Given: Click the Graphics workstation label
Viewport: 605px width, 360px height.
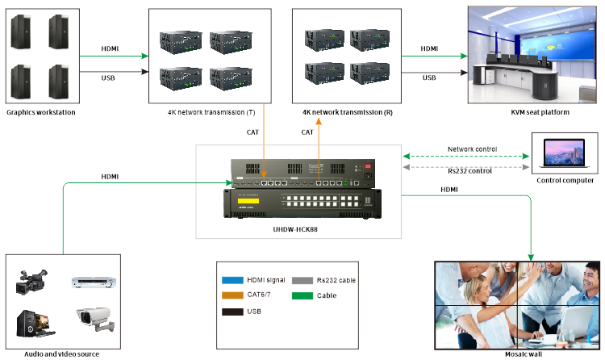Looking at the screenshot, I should coord(40,112).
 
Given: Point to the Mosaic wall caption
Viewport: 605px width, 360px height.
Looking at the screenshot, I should coord(516,354).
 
